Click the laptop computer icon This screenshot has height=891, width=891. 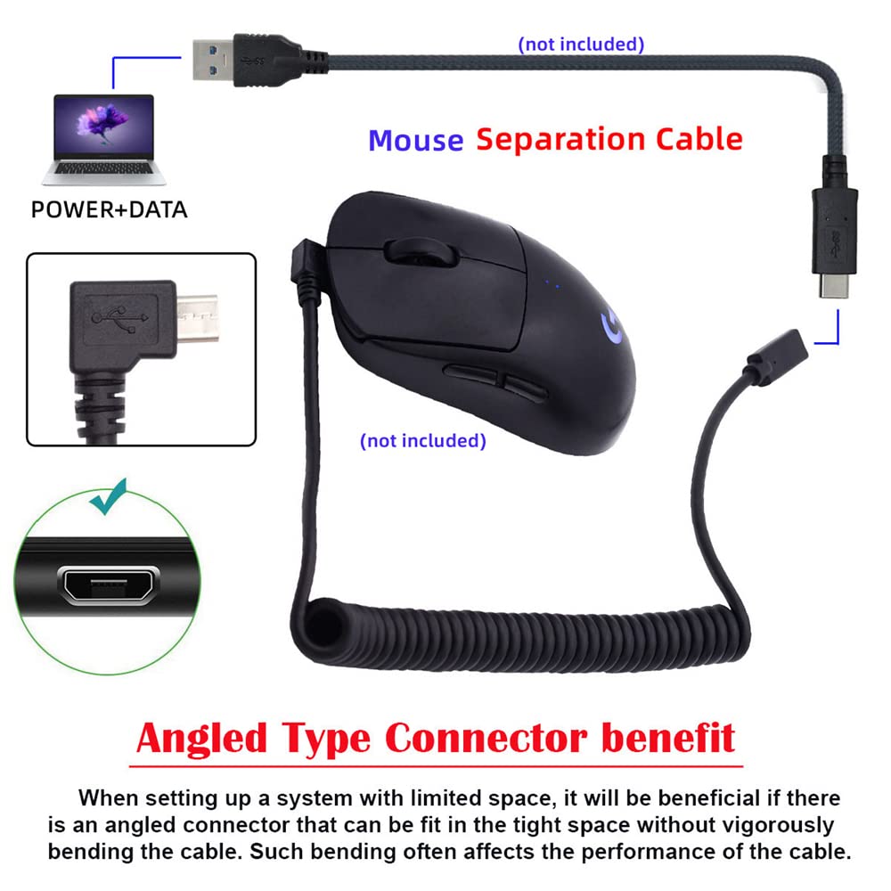point(104,140)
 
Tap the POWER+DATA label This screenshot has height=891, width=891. point(109,209)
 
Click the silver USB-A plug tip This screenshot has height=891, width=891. point(213,60)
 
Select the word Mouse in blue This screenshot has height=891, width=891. point(416,141)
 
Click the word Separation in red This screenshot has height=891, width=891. point(560,141)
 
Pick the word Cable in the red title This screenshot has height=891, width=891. point(699,139)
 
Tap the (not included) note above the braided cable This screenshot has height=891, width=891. point(581,45)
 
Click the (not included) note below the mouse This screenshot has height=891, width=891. point(423,440)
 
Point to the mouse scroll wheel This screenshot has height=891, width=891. point(421,251)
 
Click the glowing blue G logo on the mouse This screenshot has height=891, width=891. point(612,327)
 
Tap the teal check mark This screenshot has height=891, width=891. point(109,496)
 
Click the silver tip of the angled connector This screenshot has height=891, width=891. point(197,318)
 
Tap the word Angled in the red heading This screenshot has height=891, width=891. point(201,739)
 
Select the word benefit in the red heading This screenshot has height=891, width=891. point(668,738)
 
